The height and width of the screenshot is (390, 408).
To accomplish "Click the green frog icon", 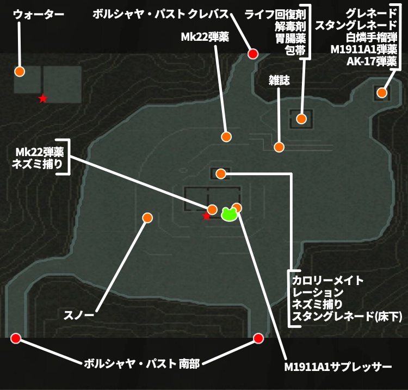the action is click(229, 214).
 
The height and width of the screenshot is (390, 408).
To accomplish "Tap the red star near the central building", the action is click(206, 216).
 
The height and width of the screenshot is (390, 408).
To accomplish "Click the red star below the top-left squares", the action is click(43, 98).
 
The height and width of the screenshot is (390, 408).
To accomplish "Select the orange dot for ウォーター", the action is click(20, 71).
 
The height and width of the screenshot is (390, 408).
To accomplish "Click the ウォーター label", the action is click(39, 14).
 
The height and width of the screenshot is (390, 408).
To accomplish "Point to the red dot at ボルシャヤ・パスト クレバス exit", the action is click(252, 54).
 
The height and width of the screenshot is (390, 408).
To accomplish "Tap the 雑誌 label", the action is click(279, 81).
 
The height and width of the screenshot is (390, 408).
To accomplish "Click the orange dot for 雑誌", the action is click(279, 147).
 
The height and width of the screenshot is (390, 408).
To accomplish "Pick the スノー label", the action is click(79, 315).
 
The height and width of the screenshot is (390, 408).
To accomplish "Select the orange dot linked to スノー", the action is click(147, 218).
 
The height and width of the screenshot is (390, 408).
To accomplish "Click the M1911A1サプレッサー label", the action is click(338, 367).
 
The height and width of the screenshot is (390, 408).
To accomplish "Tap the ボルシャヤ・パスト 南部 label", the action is click(142, 363).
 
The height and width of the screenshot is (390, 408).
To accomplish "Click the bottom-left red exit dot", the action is click(16, 338).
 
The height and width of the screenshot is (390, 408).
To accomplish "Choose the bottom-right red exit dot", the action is click(258, 338).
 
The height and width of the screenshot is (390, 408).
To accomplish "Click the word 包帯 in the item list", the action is click(295, 50).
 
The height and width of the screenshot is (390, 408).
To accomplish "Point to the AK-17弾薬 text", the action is click(372, 61).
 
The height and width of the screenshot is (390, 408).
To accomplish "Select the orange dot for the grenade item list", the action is click(382, 92).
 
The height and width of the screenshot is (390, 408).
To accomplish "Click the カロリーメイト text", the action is click(327, 281).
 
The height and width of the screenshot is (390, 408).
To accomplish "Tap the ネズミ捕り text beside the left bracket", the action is click(37, 164).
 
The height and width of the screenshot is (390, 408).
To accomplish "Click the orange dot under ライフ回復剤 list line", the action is click(301, 119).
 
